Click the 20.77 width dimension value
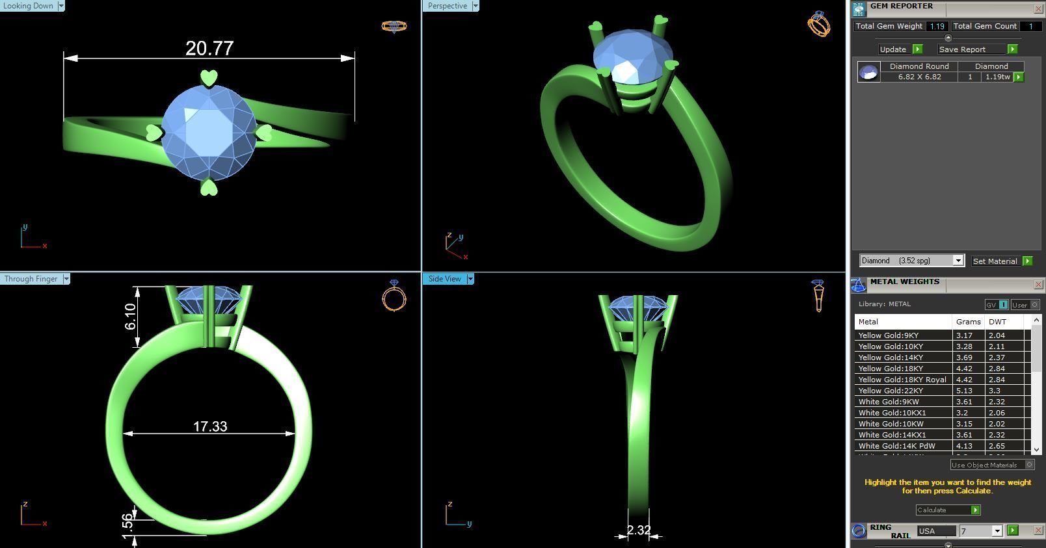pos(209,49)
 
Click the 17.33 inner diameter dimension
pos(210,426)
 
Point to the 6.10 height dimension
pos(130,316)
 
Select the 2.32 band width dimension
pos(638,530)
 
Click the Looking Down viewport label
pos(28,6)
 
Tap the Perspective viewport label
pos(448,6)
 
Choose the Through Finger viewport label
pos(31,279)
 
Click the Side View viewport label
pos(444,279)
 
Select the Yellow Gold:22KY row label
pos(891,391)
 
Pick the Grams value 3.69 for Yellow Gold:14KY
pos(964,358)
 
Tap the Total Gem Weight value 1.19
pos(937,26)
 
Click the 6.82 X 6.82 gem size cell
pos(919,77)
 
